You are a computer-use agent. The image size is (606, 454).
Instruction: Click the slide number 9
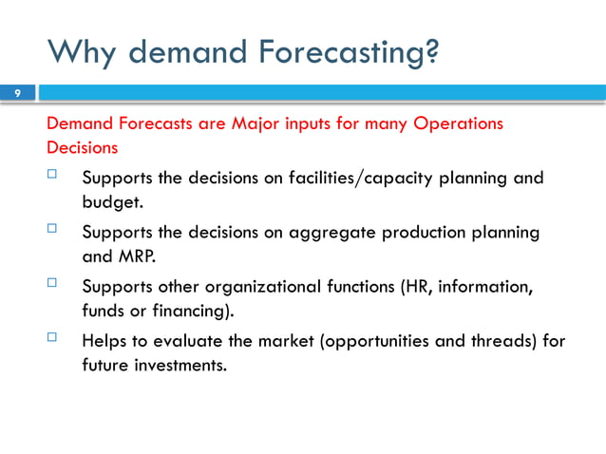click(x=16, y=93)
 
